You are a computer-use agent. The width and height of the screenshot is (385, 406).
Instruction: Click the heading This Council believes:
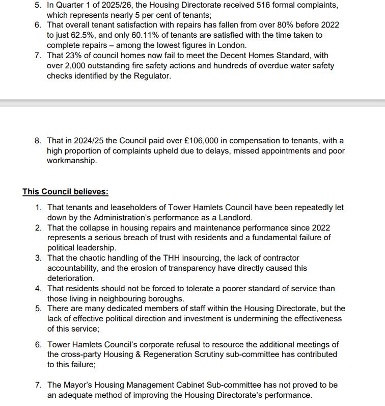tap(65, 192)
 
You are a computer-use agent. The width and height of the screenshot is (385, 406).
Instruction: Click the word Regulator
tap(153, 75)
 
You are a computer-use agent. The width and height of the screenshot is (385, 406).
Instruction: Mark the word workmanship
tap(71, 161)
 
